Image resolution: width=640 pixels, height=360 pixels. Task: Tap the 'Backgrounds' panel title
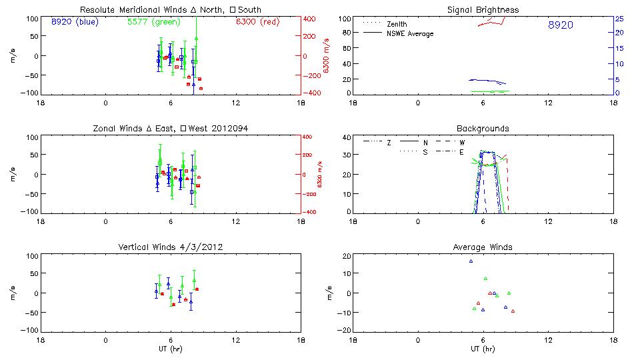pos(483,128)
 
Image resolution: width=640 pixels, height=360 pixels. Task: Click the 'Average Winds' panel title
pos(483,247)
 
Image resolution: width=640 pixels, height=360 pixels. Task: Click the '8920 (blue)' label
pos(74,21)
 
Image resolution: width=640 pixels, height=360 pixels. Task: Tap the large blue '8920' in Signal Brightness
pos(560,25)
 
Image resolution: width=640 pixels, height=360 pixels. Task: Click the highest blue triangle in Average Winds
pos(471,261)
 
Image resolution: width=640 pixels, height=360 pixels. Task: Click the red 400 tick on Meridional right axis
pos(311,19)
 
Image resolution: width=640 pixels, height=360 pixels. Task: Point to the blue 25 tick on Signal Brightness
pos(619,19)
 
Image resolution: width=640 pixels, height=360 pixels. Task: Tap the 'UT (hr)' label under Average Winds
pos(483,349)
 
